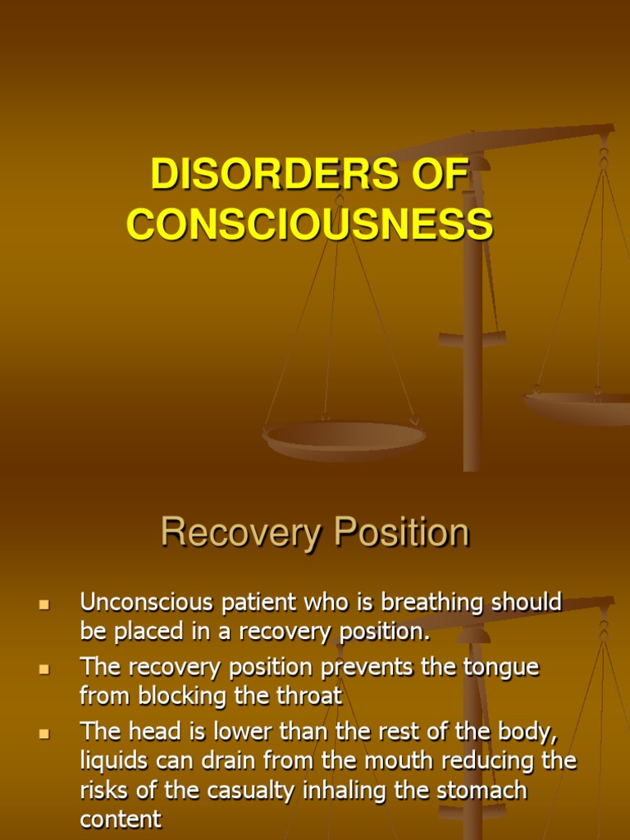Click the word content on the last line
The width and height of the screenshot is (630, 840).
pyautogui.click(x=121, y=819)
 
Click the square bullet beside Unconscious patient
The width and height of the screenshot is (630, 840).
pyautogui.click(x=43, y=605)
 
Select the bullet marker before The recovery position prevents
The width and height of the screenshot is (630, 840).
pyautogui.click(x=43, y=669)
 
